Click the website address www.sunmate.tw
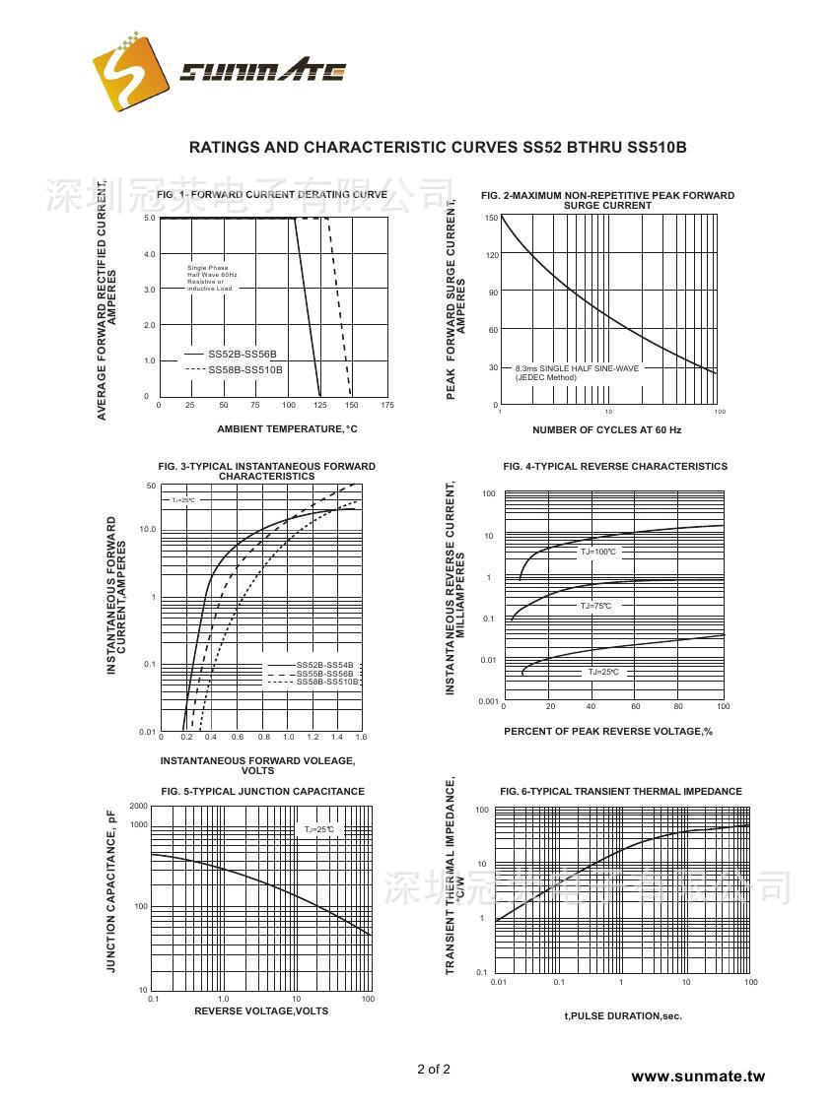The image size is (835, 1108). tap(697, 1076)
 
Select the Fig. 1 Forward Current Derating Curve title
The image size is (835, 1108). tap(272, 195)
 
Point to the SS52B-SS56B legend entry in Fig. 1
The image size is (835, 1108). tap(243, 353)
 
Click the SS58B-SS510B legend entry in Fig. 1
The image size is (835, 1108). tap(245, 369)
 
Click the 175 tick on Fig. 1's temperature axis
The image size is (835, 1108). tap(386, 405)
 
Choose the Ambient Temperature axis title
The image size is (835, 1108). tap(287, 429)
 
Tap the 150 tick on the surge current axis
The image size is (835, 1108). tap(492, 218)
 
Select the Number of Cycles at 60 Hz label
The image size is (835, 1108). tap(606, 430)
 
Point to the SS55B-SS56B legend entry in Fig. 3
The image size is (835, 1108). tap(324, 674)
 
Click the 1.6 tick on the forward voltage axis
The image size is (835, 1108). tap(361, 737)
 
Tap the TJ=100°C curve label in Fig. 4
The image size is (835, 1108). tap(598, 553)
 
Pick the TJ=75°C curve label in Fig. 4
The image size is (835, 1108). tap(595, 606)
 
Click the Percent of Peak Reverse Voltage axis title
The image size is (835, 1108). tap(607, 731)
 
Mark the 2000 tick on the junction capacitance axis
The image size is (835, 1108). tap(138, 807)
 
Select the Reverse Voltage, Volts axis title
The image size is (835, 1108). tap(261, 1011)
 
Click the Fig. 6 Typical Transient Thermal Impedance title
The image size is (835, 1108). tap(621, 792)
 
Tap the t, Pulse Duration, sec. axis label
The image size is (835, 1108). tap(623, 1015)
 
